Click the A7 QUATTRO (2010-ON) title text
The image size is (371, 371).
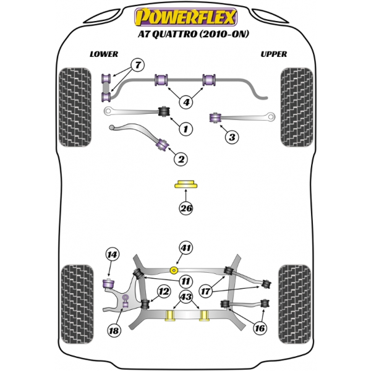[x=185, y=34]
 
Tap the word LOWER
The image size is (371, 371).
[x=103, y=54]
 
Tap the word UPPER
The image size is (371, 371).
[x=273, y=54]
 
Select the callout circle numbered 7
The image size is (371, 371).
[x=137, y=65]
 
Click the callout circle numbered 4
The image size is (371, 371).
[x=185, y=103]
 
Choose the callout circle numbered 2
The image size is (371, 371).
[x=181, y=160]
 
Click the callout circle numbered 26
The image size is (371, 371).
[x=185, y=208]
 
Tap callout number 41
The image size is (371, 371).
[x=185, y=249]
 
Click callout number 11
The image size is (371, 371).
[x=185, y=281]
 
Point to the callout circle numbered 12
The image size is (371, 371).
[x=164, y=291]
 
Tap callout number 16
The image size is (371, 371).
[x=260, y=328]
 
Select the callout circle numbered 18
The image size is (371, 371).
[x=113, y=331]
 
